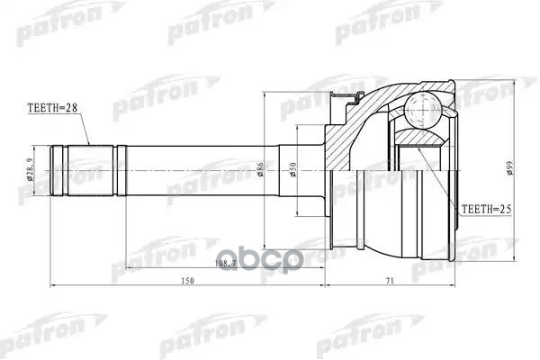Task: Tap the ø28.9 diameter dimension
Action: tap(31, 169)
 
